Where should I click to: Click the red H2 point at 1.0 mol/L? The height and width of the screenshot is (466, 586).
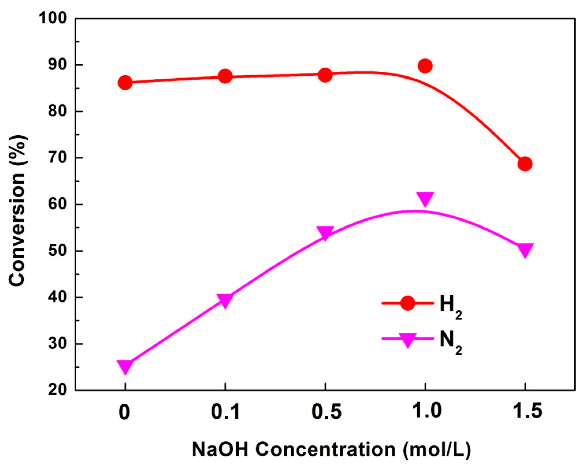point(425,66)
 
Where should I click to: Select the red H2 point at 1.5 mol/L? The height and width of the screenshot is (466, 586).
point(525,164)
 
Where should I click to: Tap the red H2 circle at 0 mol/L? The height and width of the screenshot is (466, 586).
point(125,82)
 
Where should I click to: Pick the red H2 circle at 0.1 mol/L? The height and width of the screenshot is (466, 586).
point(225,76)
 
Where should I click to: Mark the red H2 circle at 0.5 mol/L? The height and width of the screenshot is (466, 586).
point(325,75)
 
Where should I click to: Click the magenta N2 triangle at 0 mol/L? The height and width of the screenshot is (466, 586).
point(125,366)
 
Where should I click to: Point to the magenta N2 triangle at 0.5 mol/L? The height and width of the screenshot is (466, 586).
point(325,233)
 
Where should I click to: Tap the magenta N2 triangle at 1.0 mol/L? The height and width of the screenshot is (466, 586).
point(425,198)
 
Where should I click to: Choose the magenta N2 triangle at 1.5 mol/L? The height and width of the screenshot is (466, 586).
point(525,249)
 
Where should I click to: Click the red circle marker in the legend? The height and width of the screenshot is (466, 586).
point(408,303)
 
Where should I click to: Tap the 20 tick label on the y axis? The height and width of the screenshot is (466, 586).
point(57,390)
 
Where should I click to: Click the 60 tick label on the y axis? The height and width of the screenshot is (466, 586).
point(57,204)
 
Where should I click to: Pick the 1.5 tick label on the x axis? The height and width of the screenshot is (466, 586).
point(525,411)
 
